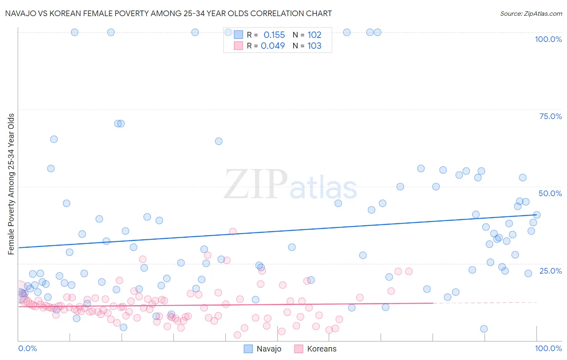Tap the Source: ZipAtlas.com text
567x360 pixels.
click(x=531, y=13)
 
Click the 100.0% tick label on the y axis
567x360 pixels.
click(x=548, y=39)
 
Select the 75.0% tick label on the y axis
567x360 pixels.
click(x=550, y=116)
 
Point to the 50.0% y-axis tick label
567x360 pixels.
click(x=550, y=193)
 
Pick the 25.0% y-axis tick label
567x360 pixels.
click(x=550, y=270)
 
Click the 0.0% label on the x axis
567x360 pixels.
click(x=27, y=348)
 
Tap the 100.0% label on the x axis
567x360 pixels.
click(x=548, y=348)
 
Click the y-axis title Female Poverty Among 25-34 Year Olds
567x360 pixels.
click(x=11, y=184)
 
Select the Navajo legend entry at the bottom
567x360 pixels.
click(x=263, y=349)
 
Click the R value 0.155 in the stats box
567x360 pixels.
click(x=274, y=35)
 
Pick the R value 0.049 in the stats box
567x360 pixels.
click(x=273, y=46)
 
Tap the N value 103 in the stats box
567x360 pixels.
click(x=314, y=46)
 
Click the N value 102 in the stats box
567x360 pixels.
click(x=314, y=35)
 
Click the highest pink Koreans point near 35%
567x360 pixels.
click(x=233, y=231)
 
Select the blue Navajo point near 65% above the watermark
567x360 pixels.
click(x=219, y=141)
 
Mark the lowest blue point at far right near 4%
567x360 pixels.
click(x=484, y=329)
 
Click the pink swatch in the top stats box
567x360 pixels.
click(x=238, y=46)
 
